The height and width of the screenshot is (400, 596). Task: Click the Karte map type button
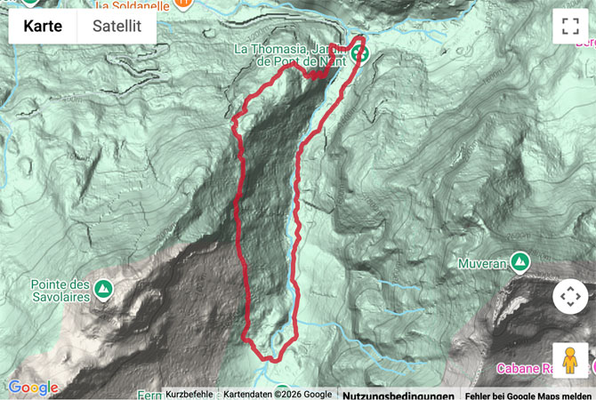pyautogui.click(x=43, y=26)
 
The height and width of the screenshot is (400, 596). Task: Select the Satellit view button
pyautogui.click(x=117, y=26)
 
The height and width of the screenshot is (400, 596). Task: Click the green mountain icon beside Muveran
pyautogui.click(x=519, y=262)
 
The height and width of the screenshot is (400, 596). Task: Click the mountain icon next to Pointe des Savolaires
pyautogui.click(x=105, y=289)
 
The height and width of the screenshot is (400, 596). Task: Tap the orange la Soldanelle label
pyautogui.click(x=133, y=4)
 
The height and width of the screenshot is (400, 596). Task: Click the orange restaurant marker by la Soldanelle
pyautogui.click(x=182, y=4)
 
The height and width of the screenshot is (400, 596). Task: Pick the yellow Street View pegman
pyautogui.click(x=569, y=360)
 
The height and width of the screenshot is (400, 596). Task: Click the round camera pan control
pyautogui.click(x=569, y=296)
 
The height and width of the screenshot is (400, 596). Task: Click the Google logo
pyautogui.click(x=33, y=388)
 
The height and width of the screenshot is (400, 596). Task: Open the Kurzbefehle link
pyautogui.click(x=189, y=395)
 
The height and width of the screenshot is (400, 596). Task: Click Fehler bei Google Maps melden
pyautogui.click(x=528, y=395)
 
